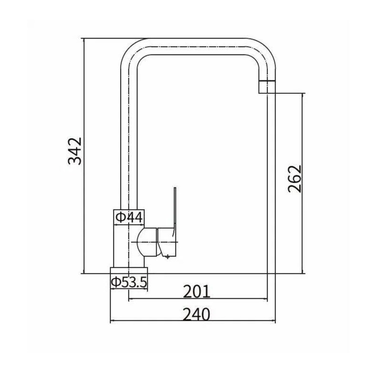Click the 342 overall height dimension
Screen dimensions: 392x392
pos(75,151)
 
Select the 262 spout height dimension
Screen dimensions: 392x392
pos(295,178)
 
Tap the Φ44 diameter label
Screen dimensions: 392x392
pos(129,217)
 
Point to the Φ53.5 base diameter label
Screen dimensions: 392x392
pos(129,282)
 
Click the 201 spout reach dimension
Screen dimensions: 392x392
pos(196,292)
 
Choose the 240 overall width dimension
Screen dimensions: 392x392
pos(196,314)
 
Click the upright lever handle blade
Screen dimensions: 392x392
pos(174,210)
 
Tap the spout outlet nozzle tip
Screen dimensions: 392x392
pos(267,87)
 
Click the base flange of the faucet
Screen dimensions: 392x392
pos(129,270)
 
